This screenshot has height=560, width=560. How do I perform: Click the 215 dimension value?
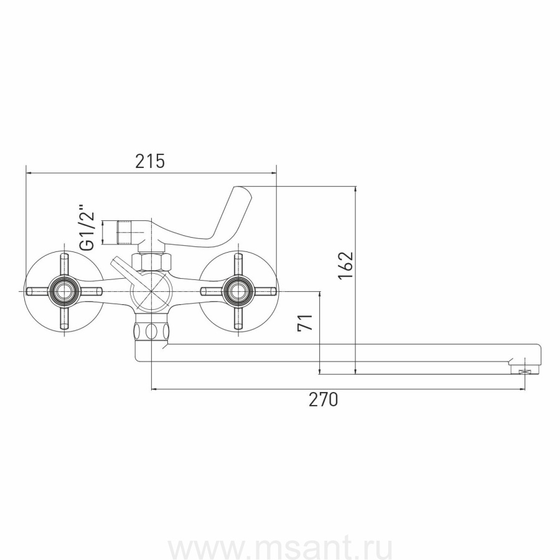150,161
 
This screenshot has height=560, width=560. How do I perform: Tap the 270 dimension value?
323,399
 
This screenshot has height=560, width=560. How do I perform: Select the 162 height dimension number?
346,266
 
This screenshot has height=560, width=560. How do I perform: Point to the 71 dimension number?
306,322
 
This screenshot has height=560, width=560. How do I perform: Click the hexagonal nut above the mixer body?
152,262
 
